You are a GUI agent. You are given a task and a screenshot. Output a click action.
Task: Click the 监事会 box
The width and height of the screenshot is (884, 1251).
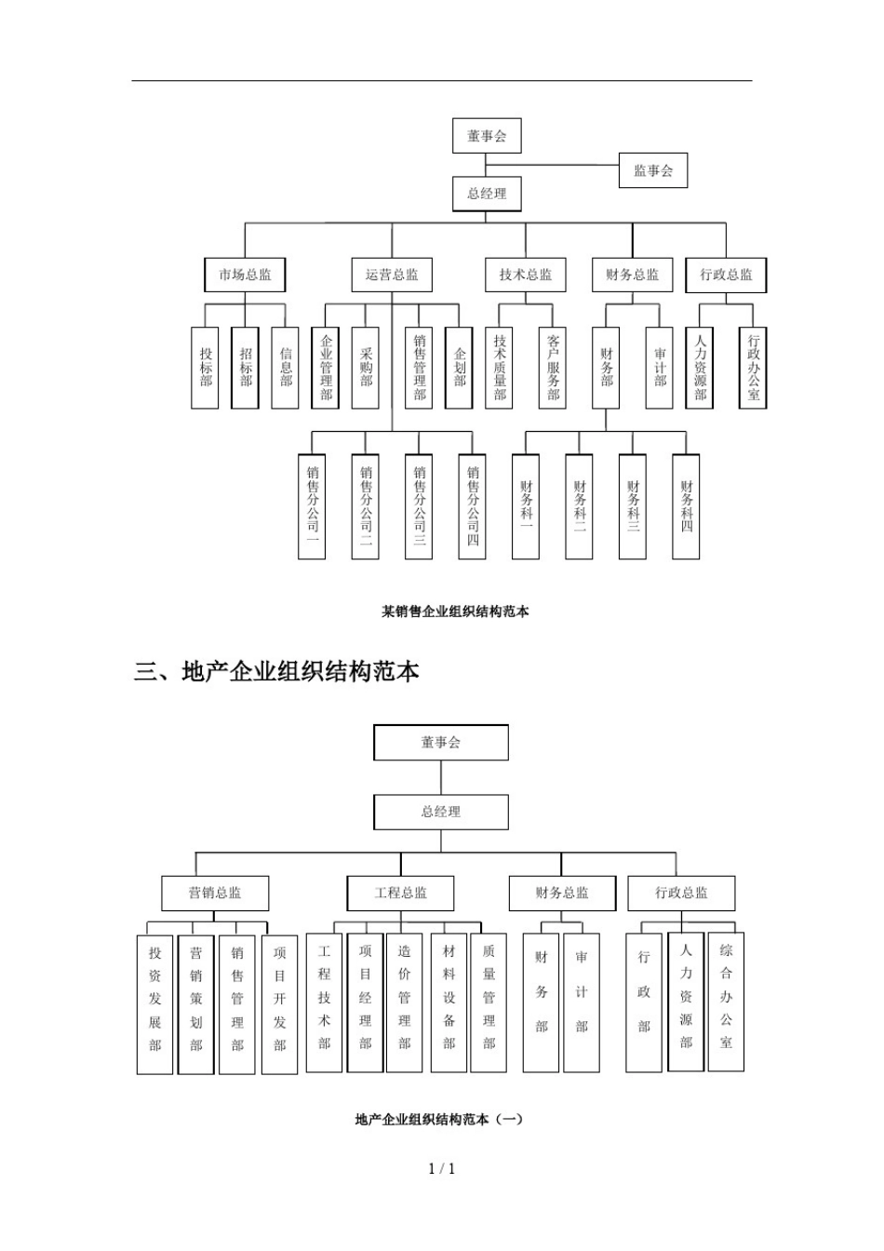pos(653,170)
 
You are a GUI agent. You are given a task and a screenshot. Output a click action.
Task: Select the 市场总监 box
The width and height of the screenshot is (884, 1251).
pos(245,275)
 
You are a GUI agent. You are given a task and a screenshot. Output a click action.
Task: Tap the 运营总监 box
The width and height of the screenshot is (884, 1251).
pos(392,275)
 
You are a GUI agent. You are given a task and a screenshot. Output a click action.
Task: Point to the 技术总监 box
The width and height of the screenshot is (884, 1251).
pos(525,275)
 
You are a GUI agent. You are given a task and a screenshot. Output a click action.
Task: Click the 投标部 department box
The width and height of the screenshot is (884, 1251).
pos(205,368)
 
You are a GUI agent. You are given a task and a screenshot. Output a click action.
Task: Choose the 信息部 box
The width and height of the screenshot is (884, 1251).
pos(286,368)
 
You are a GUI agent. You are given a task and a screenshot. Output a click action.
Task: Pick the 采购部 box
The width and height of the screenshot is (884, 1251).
pos(366,368)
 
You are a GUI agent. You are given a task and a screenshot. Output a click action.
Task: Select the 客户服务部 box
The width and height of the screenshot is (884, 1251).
pos(553,368)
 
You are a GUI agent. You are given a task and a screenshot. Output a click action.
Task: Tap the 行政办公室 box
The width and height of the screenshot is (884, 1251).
pos(753,368)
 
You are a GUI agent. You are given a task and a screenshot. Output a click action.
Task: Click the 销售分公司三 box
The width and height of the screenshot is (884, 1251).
pos(419,506)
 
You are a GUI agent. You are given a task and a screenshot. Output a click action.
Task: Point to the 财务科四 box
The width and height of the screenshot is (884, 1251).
pos(686,506)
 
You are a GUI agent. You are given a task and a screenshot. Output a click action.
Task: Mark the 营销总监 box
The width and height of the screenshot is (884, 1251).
pos(215,893)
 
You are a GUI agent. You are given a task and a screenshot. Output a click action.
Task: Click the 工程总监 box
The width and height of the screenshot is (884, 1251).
pos(401,893)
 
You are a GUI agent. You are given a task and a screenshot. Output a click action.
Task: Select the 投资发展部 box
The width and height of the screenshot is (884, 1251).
pos(155,1004)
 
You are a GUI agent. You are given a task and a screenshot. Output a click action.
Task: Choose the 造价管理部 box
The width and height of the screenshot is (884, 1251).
pos(404,1002)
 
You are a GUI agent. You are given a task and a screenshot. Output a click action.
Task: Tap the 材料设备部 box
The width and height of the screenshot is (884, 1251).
pos(449,1002)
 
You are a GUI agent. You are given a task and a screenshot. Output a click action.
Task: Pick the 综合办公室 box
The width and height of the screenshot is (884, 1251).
pos(726,1002)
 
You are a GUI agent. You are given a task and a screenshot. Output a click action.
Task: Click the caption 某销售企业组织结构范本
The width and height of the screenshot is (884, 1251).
pos(455,612)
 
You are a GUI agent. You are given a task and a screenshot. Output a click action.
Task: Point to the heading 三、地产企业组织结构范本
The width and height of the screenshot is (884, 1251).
pos(277,671)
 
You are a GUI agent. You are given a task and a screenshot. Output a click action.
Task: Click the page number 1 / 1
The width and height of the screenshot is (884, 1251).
pos(442,1169)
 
